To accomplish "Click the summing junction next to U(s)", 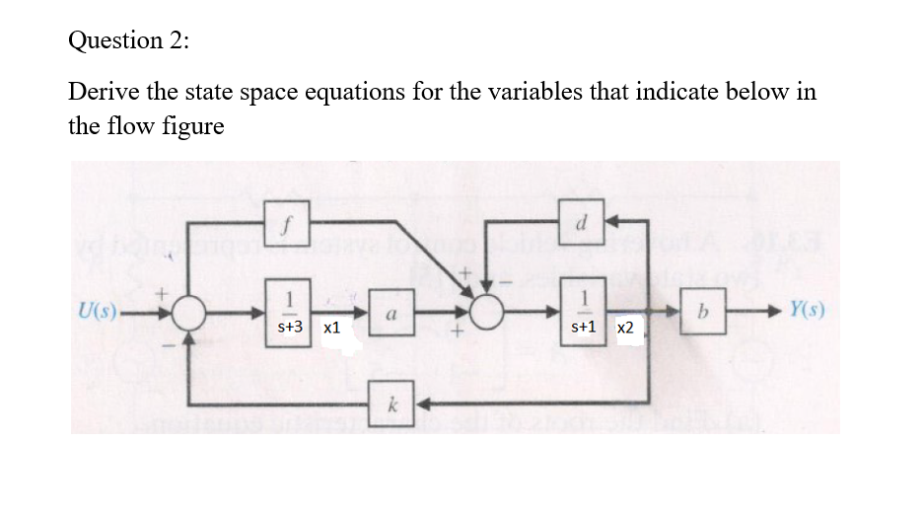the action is coord(188,314).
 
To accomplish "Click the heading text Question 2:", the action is coord(129,41).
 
